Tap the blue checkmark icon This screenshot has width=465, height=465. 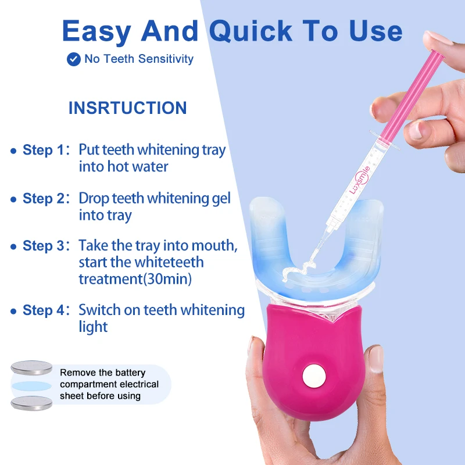[74, 59]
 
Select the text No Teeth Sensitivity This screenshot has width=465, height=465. [139, 59]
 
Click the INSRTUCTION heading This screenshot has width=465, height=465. [127, 108]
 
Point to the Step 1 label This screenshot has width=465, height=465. [45, 150]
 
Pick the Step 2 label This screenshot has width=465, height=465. [45, 198]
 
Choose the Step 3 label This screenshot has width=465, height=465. [45, 246]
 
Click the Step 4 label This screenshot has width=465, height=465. [45, 310]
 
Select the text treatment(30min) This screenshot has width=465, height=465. [135, 279]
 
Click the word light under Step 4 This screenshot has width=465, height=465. [94, 327]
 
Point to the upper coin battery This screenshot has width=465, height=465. [31, 367]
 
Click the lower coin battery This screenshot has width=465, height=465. [31, 403]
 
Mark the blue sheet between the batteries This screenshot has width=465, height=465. [33, 385]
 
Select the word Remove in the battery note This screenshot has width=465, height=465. [77, 373]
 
